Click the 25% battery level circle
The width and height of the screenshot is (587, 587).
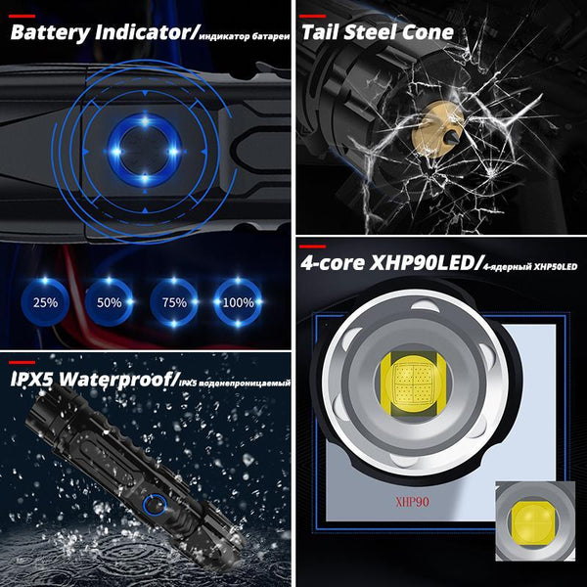tap(43, 301)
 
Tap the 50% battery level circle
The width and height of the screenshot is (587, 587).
tap(107, 301)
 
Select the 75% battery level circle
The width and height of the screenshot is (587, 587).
tap(174, 301)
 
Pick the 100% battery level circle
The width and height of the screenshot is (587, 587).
tap(237, 301)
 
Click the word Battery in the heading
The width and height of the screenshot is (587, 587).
tap(51, 32)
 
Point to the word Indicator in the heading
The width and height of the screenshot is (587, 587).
tap(146, 32)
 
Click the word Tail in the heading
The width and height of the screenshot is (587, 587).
tap(322, 32)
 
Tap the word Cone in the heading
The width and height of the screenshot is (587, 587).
tap(429, 32)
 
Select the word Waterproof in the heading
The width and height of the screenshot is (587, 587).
tap(119, 378)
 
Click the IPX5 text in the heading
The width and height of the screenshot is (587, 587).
tap(35, 378)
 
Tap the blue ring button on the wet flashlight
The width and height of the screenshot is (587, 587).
tap(152, 505)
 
